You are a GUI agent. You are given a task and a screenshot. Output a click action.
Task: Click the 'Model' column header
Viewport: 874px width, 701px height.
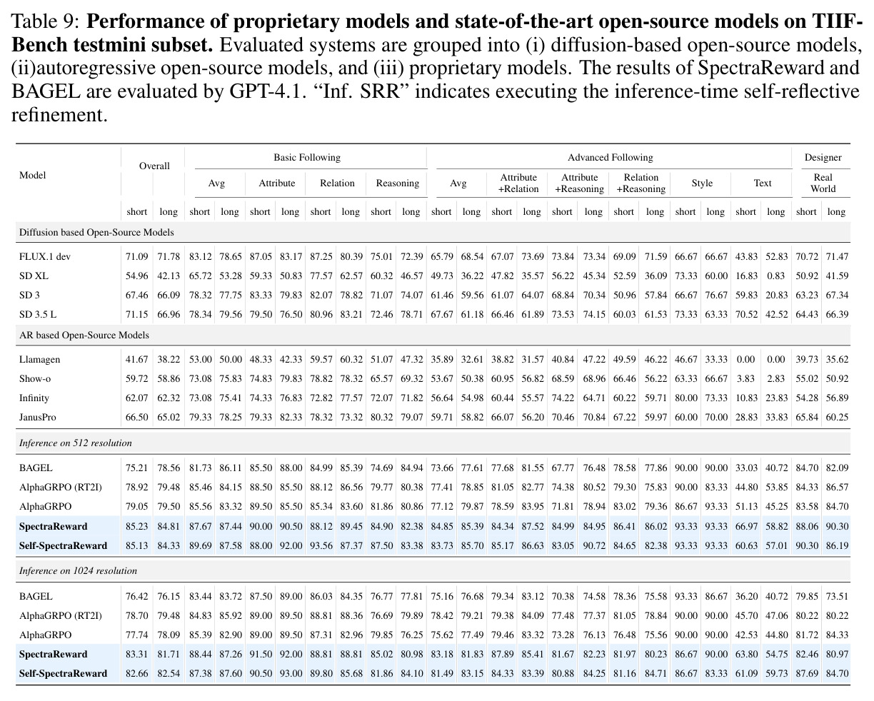pyautogui.click(x=33, y=175)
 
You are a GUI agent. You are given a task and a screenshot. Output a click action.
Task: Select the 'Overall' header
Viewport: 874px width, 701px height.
pyautogui.click(x=154, y=166)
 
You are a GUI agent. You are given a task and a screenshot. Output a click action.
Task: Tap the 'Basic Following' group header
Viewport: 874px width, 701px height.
pyautogui.click(x=307, y=157)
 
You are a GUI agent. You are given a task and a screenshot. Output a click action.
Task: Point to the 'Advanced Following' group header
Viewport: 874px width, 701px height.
pyautogui.click(x=610, y=157)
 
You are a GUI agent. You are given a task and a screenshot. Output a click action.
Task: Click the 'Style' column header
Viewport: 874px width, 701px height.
pyautogui.click(x=702, y=183)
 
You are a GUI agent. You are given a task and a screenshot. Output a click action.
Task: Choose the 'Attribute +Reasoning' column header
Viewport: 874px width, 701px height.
pyautogui.click(x=579, y=183)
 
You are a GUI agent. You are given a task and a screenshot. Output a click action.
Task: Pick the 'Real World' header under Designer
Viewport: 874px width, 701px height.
pyautogui.click(x=823, y=183)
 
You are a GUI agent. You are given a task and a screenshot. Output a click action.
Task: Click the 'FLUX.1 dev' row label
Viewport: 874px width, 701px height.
pyautogui.click(x=45, y=257)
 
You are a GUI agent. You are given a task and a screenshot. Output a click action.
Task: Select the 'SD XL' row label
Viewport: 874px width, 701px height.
pyautogui.click(x=34, y=276)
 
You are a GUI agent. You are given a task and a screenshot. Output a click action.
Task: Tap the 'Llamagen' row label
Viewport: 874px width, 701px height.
pyautogui.click(x=39, y=360)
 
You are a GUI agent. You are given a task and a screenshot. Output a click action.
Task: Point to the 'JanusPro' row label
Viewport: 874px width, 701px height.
pyautogui.click(x=37, y=417)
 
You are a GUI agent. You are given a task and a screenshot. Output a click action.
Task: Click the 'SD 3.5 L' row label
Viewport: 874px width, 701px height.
pyautogui.click(x=38, y=314)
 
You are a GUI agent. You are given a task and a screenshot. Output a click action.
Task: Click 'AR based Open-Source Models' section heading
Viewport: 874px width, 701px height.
pyautogui.click(x=84, y=335)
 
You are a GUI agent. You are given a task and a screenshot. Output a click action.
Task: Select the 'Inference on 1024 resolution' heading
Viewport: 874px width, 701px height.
pyautogui.click(x=78, y=570)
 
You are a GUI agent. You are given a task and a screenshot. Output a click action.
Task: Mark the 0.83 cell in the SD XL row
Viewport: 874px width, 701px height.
pyautogui.click(x=775, y=276)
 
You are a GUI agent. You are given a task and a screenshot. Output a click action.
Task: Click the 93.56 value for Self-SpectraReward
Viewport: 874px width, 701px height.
pyautogui.click(x=321, y=545)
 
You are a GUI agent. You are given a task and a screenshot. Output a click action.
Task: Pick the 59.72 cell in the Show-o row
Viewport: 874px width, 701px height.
pyautogui.click(x=137, y=378)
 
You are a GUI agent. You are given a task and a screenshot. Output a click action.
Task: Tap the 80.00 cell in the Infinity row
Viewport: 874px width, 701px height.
pyautogui.click(x=686, y=398)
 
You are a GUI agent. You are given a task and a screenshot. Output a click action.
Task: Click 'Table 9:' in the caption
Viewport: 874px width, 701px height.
pyautogui.click(x=45, y=21)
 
